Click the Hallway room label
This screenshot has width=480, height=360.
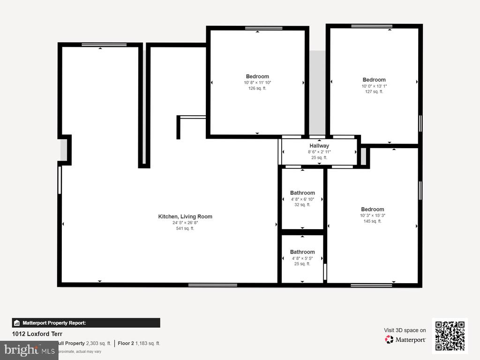[x=319, y=146]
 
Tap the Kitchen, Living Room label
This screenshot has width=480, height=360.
[x=185, y=217]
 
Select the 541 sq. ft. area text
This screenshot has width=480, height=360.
[x=185, y=228]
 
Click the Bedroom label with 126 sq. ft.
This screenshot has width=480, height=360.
[x=257, y=76]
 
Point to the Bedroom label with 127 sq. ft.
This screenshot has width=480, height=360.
[x=374, y=80]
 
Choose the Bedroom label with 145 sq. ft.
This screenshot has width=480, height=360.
[x=372, y=210]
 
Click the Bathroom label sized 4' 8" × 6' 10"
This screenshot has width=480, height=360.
[x=302, y=193]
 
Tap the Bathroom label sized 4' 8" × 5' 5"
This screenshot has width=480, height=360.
[x=302, y=252]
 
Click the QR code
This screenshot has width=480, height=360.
[x=450, y=336]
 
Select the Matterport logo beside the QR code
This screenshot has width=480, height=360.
[x=405, y=339]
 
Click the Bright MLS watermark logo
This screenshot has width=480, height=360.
[x=29, y=350]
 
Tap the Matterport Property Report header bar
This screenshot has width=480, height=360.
[x=86, y=322]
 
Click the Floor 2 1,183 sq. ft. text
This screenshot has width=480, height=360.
[x=139, y=343]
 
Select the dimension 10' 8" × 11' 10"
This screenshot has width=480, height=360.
[x=257, y=82]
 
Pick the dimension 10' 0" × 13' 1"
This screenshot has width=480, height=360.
[x=374, y=86]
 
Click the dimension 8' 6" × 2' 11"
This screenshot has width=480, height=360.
[x=319, y=152]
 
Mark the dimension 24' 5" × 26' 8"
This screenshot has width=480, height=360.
[x=185, y=223]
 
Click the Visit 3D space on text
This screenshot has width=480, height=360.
[x=405, y=330]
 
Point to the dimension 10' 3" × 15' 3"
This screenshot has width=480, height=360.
[x=372, y=216]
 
